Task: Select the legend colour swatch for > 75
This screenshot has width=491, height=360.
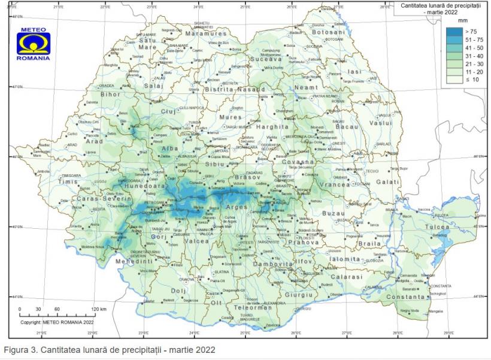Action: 453,31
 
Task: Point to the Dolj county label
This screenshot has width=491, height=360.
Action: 178,291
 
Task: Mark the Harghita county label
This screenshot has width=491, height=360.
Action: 272,127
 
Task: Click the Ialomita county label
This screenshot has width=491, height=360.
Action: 344,259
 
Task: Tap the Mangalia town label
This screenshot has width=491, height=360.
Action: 435,311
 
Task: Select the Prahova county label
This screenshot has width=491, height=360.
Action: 302,243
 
